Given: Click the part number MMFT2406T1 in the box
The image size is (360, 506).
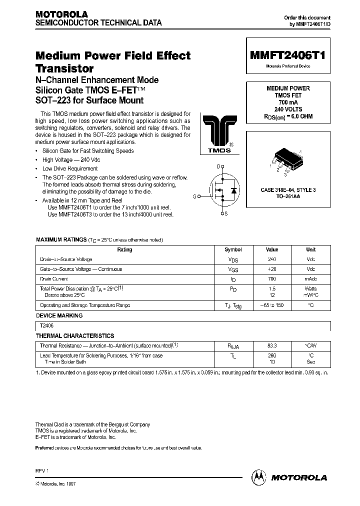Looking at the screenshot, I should coord(287,56).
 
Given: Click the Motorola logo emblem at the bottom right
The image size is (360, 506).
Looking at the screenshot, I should coord(259,477).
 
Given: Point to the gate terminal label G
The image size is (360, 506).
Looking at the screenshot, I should coord(195,196).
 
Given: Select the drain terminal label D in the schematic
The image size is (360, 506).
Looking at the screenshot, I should coord(218,166).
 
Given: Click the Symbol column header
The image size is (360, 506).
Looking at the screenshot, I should coord(233,249).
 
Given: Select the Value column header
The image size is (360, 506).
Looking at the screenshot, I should coord(272,249).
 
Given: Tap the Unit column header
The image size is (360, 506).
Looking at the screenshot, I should coord(310,249).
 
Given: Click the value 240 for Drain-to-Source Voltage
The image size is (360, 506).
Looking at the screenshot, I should coord(272,259).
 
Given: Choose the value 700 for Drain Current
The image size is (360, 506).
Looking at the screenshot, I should coord(272,278).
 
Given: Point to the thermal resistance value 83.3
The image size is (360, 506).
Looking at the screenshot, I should coord(272,345).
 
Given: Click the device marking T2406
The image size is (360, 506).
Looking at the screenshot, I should coord(46,325).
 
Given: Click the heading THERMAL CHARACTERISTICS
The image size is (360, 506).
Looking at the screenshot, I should coord(75,336).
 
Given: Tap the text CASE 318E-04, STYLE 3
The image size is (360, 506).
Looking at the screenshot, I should coord(288,190).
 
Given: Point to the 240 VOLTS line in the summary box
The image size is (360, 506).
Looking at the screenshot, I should coord(288,108).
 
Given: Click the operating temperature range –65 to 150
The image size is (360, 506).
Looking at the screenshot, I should coord(272,305).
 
